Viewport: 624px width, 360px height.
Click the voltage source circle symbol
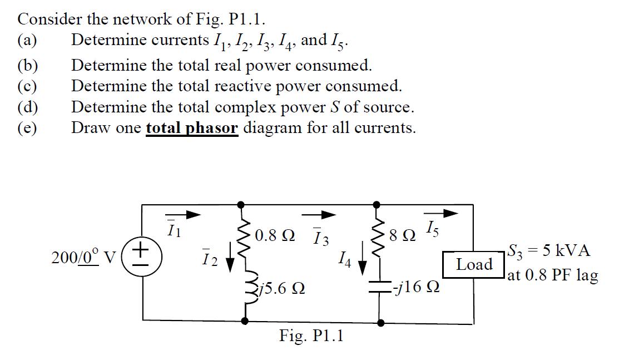(142, 258)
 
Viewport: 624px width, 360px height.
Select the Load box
(474, 264)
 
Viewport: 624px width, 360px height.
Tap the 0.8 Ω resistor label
(275, 235)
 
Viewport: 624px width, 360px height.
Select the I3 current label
(320, 240)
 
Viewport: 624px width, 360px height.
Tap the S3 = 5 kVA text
(548, 250)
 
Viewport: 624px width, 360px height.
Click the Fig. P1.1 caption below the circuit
(311, 336)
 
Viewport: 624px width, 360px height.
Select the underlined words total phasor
(192, 128)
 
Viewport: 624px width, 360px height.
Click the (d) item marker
(27, 107)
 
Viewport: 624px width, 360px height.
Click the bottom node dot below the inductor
(244, 321)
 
